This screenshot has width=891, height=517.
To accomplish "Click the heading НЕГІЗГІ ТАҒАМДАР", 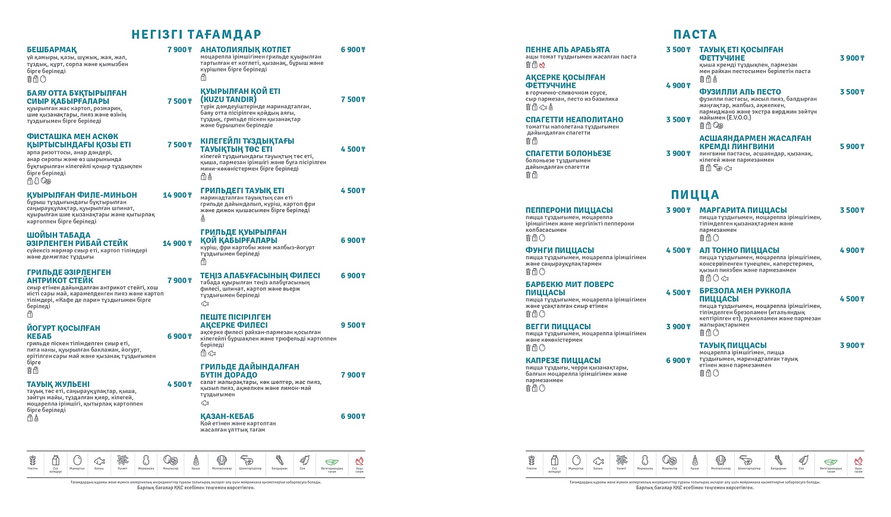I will (196, 34).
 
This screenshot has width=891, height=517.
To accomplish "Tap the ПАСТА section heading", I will (695, 34).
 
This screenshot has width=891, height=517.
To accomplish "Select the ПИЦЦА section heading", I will (695, 195).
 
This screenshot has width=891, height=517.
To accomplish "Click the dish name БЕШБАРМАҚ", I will (52, 50).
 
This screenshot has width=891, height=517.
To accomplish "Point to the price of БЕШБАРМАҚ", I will (179, 50).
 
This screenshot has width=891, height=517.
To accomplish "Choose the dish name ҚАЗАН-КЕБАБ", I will (227, 417).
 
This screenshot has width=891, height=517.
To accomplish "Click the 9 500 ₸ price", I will (353, 326).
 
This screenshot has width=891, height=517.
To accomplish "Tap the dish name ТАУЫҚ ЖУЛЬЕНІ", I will (58, 384).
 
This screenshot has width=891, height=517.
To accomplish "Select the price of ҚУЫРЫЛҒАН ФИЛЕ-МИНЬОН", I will (177, 195).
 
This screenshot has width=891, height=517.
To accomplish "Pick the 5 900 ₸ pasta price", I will (852, 147).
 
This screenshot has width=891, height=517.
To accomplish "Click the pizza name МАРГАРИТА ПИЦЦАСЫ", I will (742, 210).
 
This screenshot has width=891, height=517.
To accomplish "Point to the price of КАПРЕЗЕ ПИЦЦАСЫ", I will (678, 361).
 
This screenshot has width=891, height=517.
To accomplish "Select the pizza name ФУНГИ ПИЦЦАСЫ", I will (560, 250).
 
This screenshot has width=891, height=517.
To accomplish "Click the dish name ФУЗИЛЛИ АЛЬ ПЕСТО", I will (740, 92).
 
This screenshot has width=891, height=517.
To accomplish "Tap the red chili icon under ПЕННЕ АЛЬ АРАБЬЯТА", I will (542, 65).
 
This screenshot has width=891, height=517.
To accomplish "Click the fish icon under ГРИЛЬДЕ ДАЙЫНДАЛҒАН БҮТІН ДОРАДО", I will (205, 403).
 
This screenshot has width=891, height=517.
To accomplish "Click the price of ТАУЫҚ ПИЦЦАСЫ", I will (852, 346).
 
